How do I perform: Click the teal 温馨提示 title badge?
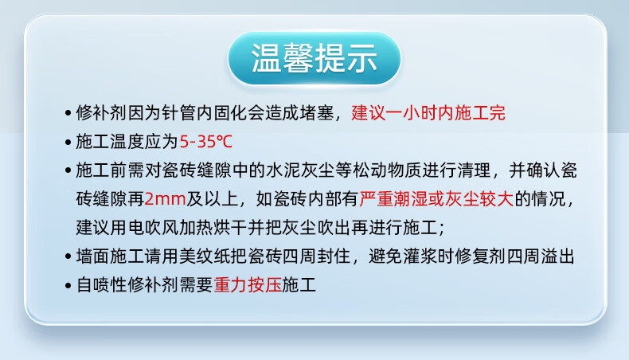(x=314, y=58)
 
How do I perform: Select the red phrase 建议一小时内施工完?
(x=428, y=113)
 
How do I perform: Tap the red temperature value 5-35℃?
(x=205, y=142)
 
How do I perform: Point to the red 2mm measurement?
(x=165, y=199)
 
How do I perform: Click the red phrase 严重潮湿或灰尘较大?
(x=436, y=199)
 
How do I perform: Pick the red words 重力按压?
(x=248, y=285)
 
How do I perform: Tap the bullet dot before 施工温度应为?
(x=68, y=143)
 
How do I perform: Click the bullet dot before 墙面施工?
(x=68, y=256)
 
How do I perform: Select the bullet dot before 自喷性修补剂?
(x=68, y=286)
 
